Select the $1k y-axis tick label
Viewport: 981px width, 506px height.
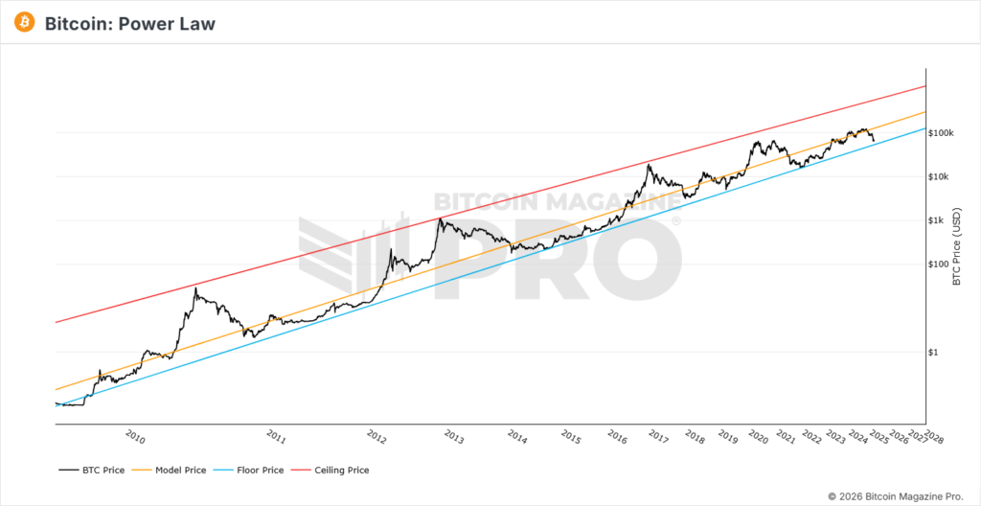939,220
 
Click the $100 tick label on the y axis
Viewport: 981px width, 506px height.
940,264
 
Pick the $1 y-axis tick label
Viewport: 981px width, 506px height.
936,352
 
